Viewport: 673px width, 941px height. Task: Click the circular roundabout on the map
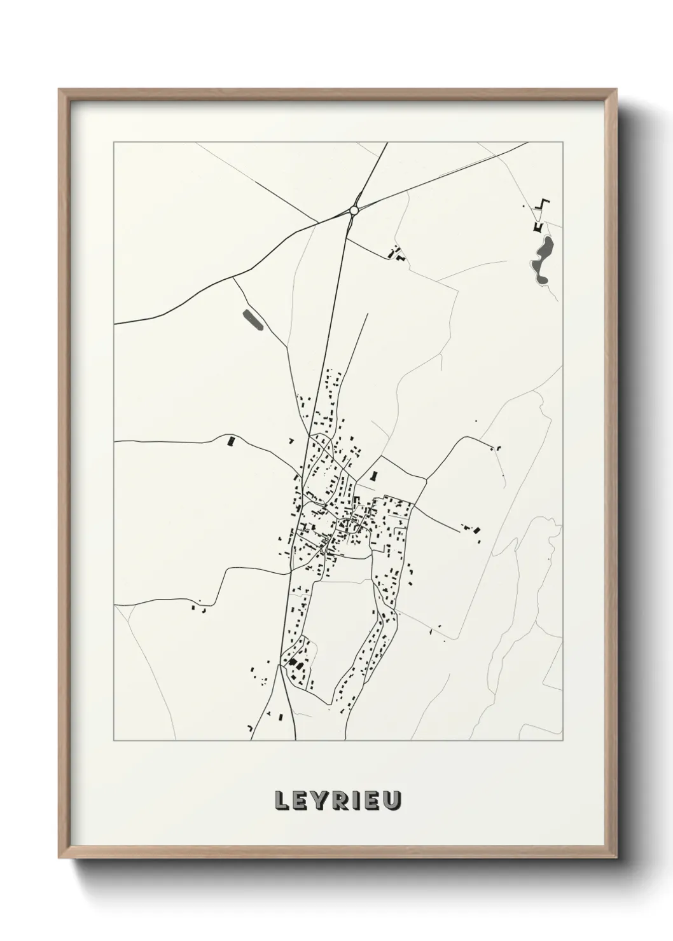click(x=354, y=210)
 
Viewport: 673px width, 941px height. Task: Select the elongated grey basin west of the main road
click(x=253, y=320)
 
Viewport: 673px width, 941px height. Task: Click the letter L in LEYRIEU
click(x=281, y=801)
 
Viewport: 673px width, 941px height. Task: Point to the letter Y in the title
click(x=321, y=801)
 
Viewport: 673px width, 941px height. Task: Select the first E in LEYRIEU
click(x=301, y=801)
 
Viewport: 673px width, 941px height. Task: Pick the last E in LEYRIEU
click(x=374, y=801)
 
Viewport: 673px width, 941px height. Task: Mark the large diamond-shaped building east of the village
click(x=477, y=528)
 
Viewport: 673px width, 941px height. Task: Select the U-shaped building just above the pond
click(x=538, y=226)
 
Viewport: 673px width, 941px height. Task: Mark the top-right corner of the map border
click(x=564, y=142)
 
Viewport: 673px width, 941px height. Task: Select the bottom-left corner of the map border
click(x=114, y=741)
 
